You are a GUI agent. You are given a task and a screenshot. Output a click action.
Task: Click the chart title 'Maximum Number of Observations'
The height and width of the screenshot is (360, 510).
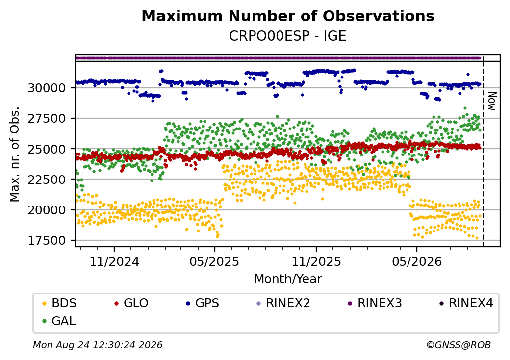(288, 16)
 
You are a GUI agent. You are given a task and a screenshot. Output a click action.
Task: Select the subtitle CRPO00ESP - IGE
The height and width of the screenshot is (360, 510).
(287, 36)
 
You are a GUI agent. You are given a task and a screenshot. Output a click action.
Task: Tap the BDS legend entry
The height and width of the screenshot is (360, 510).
(59, 303)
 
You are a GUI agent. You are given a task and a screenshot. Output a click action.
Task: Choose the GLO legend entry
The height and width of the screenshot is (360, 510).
(131, 303)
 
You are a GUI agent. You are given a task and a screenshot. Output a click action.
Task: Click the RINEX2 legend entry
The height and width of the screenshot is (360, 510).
(283, 303)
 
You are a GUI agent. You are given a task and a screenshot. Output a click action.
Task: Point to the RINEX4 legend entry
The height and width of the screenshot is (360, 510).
(466, 303)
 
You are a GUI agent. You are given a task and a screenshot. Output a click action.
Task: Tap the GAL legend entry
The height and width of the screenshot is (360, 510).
(59, 321)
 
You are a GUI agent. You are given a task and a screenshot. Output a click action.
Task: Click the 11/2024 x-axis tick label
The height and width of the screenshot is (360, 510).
(114, 261)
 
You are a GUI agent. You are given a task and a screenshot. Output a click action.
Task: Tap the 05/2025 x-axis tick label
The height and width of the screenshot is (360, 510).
(214, 261)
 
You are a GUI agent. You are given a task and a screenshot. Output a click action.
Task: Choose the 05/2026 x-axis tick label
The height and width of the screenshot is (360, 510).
(417, 261)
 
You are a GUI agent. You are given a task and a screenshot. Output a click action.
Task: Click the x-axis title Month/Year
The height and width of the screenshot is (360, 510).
(288, 279)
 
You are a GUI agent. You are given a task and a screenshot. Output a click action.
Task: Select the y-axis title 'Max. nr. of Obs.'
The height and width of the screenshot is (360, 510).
(14, 154)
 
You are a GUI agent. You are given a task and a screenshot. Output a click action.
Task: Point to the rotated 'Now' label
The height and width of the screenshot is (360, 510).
(492, 101)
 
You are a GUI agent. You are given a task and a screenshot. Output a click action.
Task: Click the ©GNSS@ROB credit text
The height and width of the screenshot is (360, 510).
(459, 345)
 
